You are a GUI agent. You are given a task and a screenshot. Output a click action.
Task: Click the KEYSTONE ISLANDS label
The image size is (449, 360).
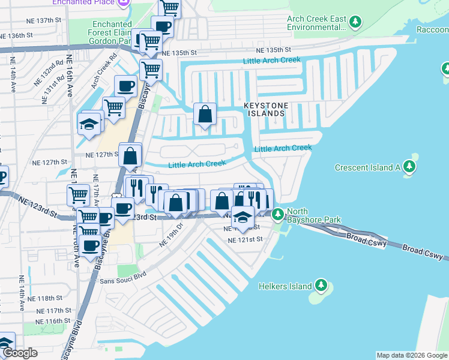pyautogui.click(x=264, y=109)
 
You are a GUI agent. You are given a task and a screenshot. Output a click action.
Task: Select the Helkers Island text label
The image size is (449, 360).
pyautogui.click(x=285, y=286)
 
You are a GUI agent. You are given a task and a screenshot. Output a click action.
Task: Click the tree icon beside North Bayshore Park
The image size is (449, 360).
pyautogui.click(x=277, y=214)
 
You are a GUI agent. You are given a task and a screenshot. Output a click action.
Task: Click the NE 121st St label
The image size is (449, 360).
pyautogui.click(x=245, y=239)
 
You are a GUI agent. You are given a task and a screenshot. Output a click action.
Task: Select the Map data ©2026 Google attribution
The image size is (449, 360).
pyautogui.click(x=412, y=355)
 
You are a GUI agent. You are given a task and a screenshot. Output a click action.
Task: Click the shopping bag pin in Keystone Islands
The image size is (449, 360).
pyautogui.click(x=205, y=113)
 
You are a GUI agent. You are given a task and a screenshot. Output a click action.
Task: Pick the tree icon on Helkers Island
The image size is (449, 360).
pyautogui.click(x=321, y=286)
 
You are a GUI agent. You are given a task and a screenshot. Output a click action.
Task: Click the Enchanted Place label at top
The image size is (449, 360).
pyautogui.click(x=92, y=2)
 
